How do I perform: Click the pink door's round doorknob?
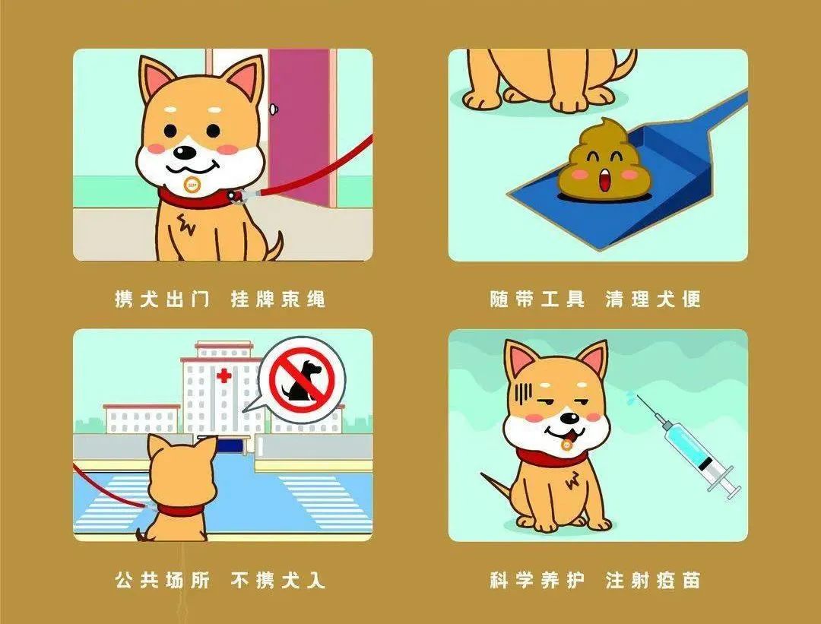pos(274,109)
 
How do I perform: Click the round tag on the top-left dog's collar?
pos(192,184)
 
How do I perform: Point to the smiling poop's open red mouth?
pos(604,181)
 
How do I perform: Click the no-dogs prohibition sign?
pos(302,379)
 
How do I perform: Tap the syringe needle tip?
pos(638,396)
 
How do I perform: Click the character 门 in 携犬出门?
pos(199,299)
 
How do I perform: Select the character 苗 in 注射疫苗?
pos(690,580)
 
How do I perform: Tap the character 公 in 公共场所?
pos(125,580)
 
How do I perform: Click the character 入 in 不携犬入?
pos(315,580)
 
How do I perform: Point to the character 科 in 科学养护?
pos(500,580)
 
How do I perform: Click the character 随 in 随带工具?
pos(500,299)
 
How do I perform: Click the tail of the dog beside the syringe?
pos(496,487)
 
